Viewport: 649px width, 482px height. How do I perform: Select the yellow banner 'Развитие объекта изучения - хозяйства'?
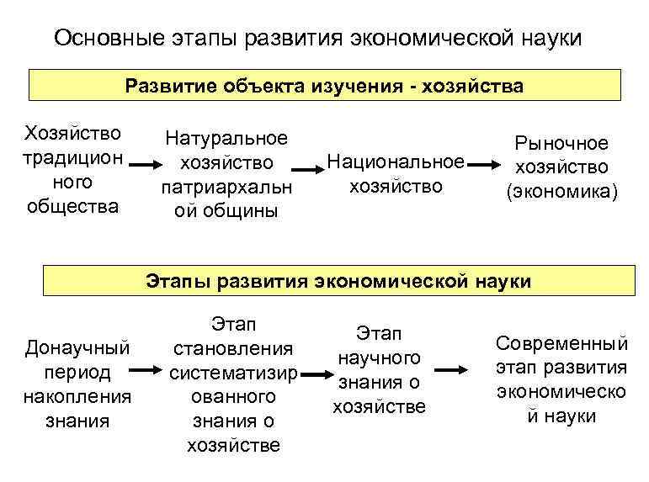tap(325, 86)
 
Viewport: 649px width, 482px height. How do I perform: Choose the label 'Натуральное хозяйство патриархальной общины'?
tap(226, 174)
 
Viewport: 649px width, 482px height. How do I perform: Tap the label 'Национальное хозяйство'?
tap(395, 173)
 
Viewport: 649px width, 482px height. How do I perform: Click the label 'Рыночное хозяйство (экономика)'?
tap(561, 168)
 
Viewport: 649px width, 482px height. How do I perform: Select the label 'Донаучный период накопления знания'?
tap(77, 383)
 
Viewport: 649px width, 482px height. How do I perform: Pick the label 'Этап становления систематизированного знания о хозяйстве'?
tap(233, 384)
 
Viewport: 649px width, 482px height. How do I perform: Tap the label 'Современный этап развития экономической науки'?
tap(561, 379)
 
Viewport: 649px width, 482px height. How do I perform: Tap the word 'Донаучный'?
tap(77, 347)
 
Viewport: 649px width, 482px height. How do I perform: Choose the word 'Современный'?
tap(561, 344)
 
